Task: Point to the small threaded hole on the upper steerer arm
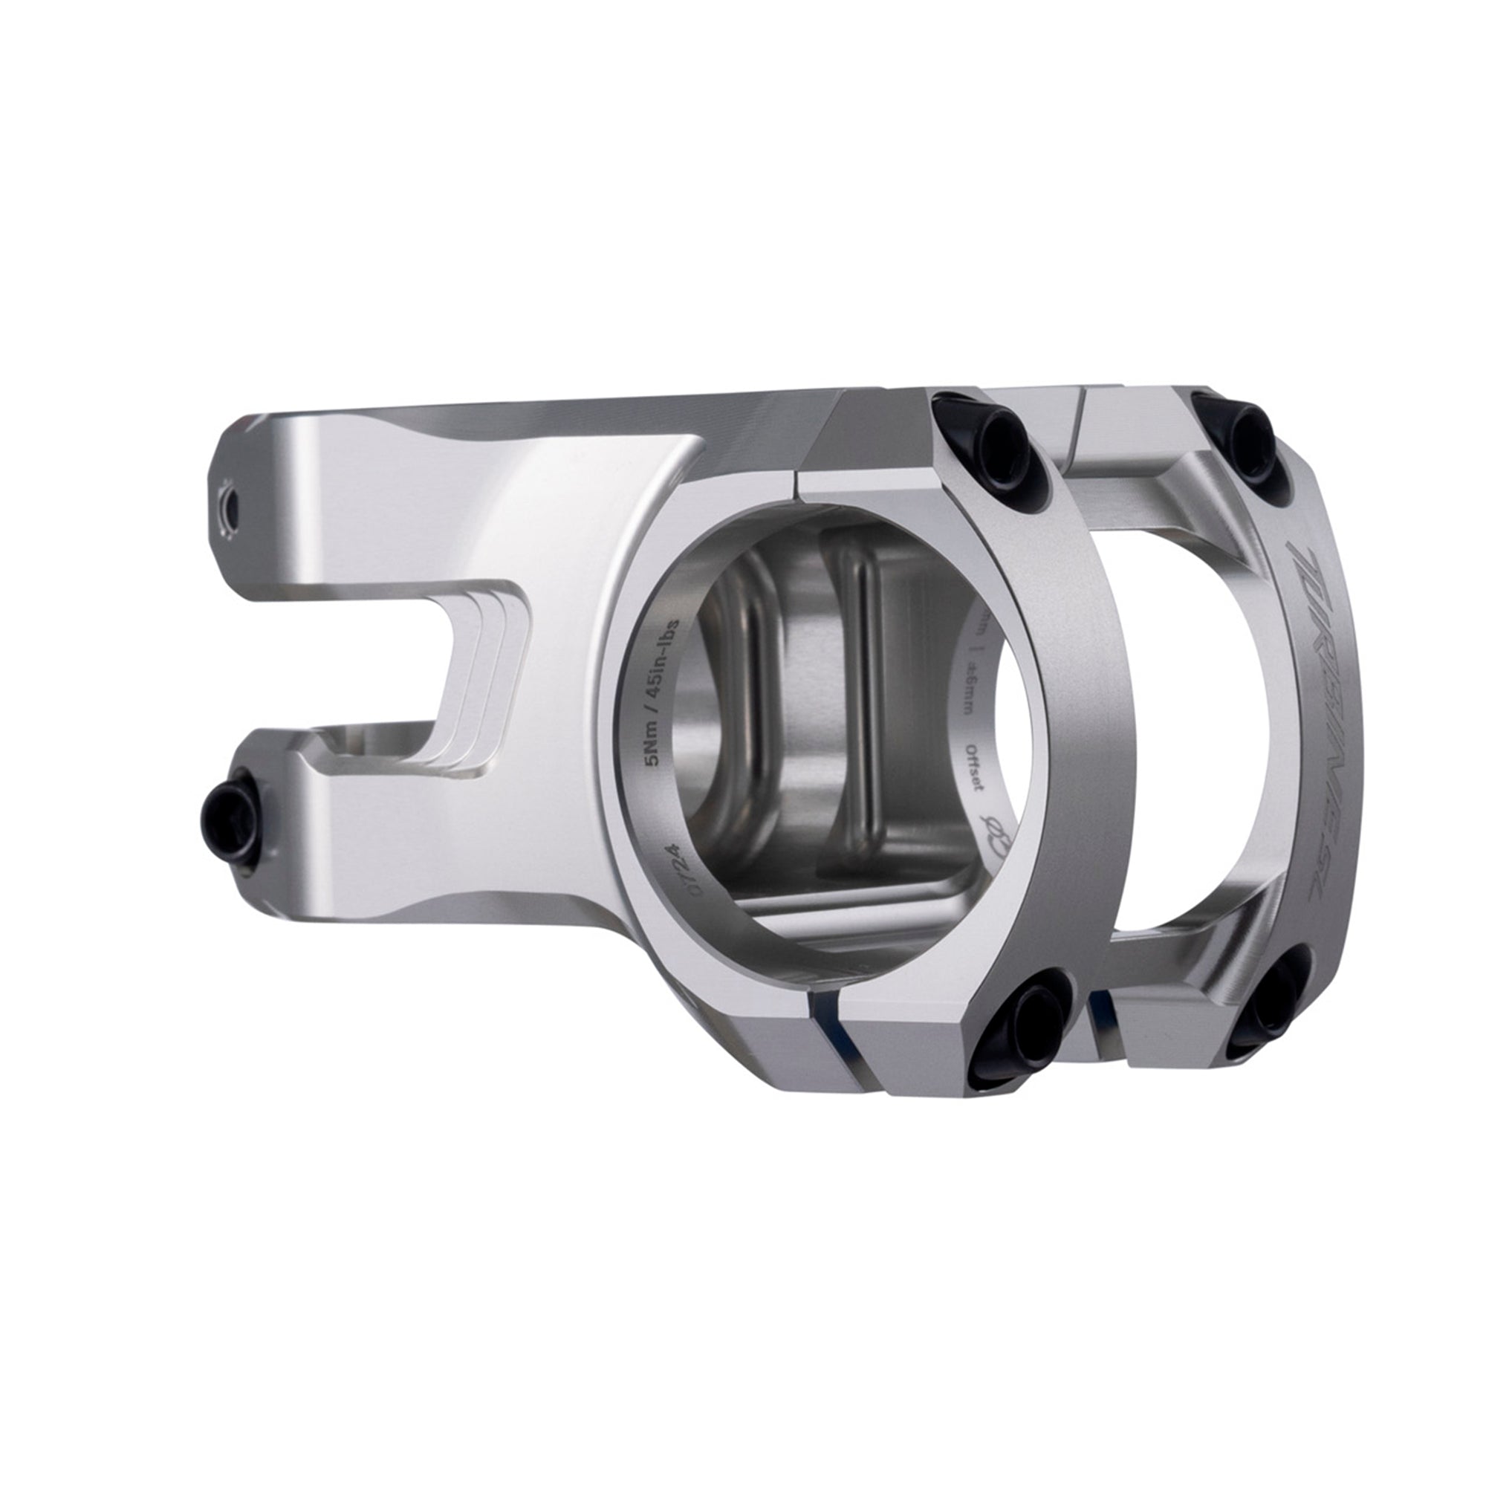(229, 505)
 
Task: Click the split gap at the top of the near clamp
(796, 481)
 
